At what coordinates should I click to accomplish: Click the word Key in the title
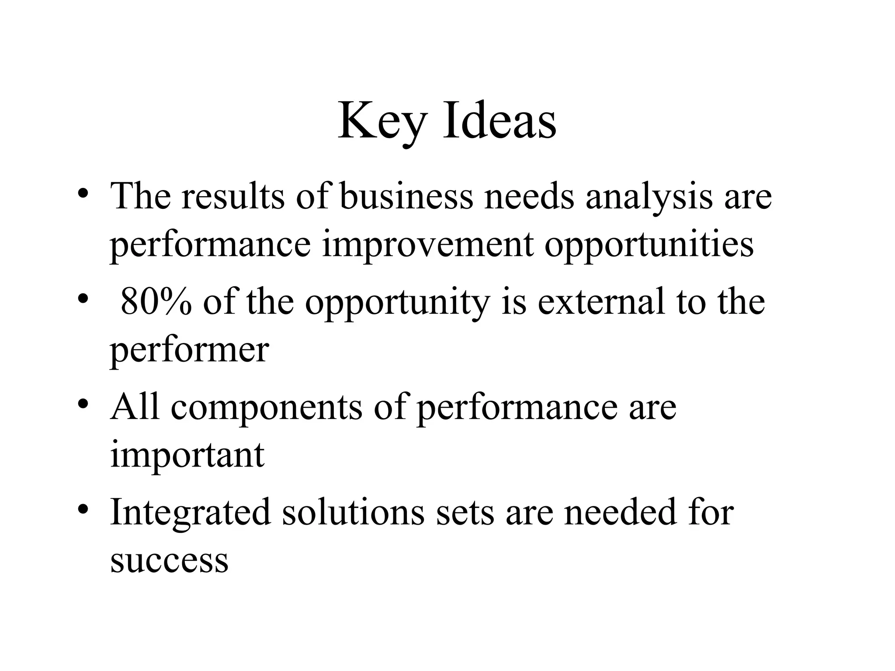pyautogui.click(x=381, y=121)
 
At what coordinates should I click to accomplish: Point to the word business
pyautogui.click(x=406, y=196)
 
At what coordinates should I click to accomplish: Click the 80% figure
pyautogui.click(x=156, y=302)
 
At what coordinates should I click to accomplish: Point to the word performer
pyautogui.click(x=189, y=351)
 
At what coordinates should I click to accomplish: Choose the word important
pyautogui.click(x=187, y=456)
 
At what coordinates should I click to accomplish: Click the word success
pyautogui.click(x=170, y=560)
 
